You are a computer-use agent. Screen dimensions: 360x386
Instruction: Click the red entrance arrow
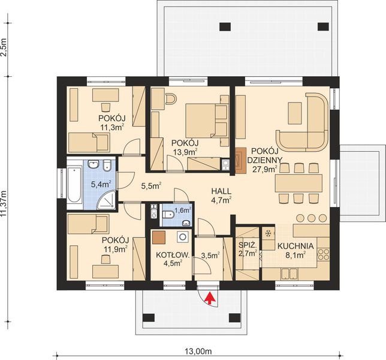click(x=209, y=297)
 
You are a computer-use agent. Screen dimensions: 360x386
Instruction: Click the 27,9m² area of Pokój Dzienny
click(x=264, y=169)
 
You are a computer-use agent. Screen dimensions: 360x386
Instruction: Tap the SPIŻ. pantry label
click(x=248, y=245)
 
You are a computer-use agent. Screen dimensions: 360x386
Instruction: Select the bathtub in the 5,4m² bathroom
click(x=74, y=180)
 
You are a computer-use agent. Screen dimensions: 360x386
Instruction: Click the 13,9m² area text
click(x=185, y=152)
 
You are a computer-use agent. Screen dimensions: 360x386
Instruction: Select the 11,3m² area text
click(x=111, y=127)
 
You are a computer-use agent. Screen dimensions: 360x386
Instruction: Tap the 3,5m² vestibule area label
click(x=210, y=255)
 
